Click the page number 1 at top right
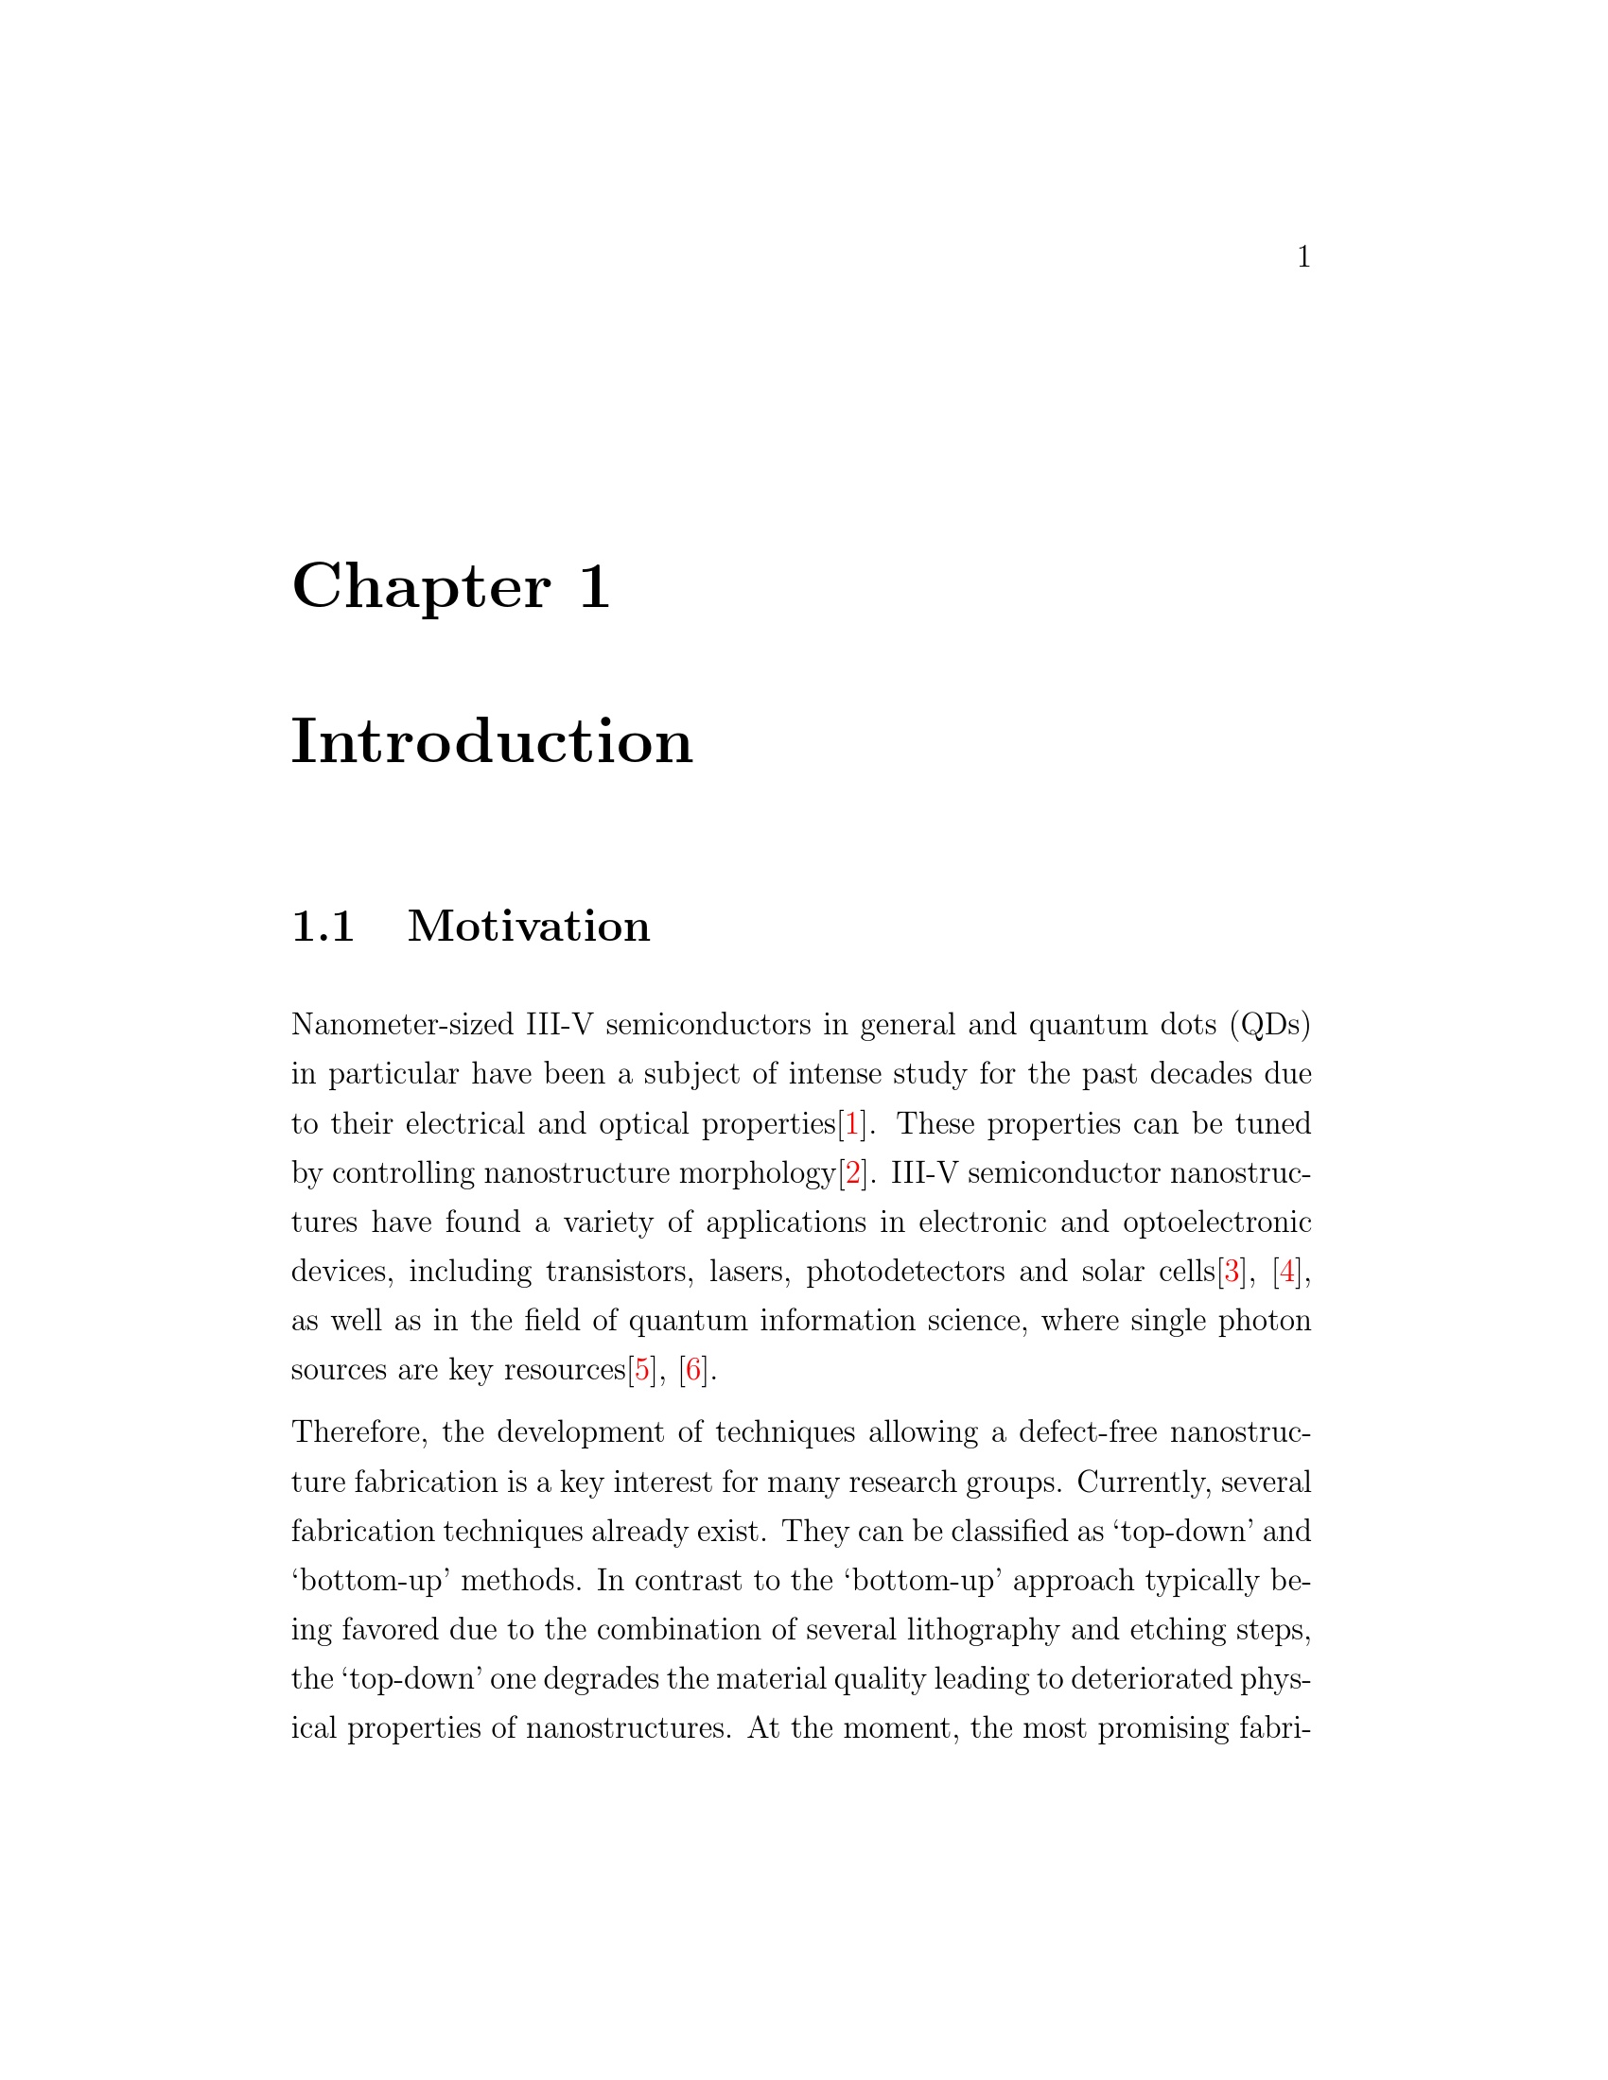pyautogui.click(x=1303, y=257)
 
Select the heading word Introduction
pyautogui.click(x=492, y=742)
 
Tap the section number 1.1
pyautogui.click(x=323, y=927)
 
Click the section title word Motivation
pyautogui.click(x=529, y=927)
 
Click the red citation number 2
pyautogui.click(x=851, y=1173)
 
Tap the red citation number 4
pyautogui.click(x=1287, y=1273)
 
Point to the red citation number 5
pyautogui.click(x=642, y=1371)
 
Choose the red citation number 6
pyautogui.click(x=693, y=1371)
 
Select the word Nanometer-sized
pyautogui.click(x=402, y=1026)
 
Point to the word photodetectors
pyautogui.click(x=905, y=1273)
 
